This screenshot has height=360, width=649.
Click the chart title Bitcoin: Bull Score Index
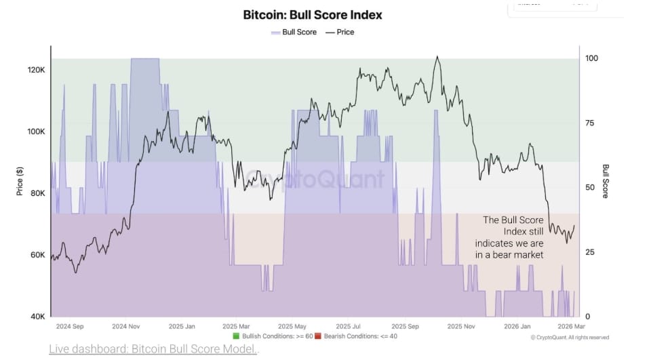pos(313,14)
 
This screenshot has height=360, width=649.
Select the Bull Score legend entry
pos(294,32)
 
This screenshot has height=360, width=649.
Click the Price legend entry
pos(340,32)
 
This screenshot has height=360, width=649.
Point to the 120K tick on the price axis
pos(36,70)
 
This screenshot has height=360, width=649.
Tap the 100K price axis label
pos(36,132)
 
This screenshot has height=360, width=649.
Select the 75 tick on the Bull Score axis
pos(591,123)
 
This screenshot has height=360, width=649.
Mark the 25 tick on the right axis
pos(591,252)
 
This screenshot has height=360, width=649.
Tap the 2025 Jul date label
pos(348,326)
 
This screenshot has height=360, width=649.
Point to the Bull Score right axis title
pos(606,181)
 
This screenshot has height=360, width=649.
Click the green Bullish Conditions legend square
pos(236,336)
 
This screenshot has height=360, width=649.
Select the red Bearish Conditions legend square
pos(317,336)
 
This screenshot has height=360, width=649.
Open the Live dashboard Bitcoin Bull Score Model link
pos(153,349)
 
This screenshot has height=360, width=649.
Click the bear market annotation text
pos(513,237)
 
